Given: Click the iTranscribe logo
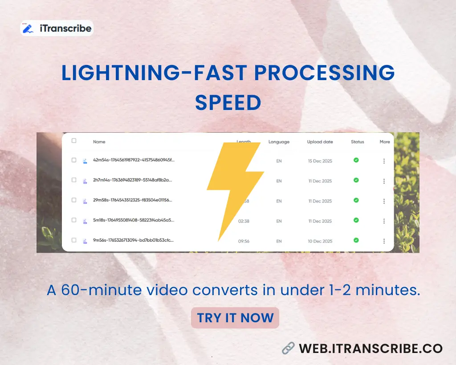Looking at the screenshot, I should coord(57,28).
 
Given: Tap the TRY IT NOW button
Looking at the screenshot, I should coord(235,318).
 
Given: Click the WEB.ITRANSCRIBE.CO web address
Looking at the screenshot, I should coord(370,348).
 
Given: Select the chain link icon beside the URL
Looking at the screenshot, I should coord(289,348).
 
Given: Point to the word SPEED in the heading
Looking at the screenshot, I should coord(228,103).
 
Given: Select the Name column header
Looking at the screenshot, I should coord(99,142).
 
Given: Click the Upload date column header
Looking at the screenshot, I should coord(320,142).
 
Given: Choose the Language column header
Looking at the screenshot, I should coord(279,142).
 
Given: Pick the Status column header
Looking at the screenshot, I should coord(357,142).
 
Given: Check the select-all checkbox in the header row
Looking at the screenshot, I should coord(74,141).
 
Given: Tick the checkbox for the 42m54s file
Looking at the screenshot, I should coord(74,160).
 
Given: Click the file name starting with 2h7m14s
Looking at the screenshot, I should coord(132,180).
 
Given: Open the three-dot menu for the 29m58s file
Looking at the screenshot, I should coord(384,201).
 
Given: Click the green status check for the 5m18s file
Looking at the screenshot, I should coord(356,220).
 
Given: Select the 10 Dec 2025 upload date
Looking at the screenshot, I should coord(320,241).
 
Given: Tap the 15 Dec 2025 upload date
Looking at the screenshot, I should coord(320,161).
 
